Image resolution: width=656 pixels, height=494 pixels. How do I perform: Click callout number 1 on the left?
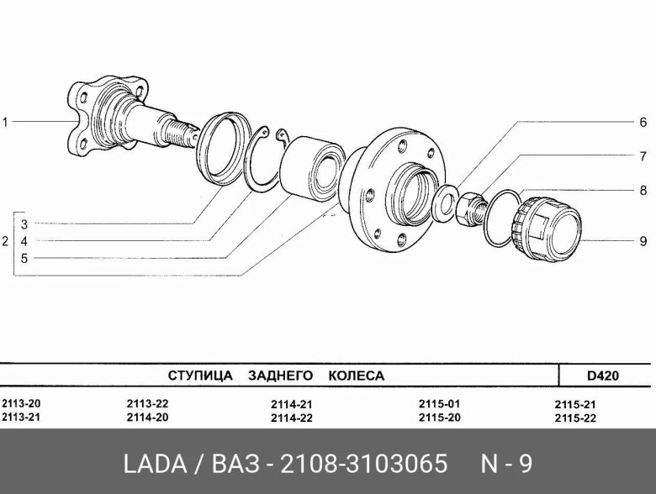pyautogui.click(x=5, y=123)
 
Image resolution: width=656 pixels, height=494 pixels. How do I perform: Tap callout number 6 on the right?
pyautogui.click(x=643, y=123)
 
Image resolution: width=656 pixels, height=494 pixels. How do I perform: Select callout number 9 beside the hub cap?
pyautogui.click(x=643, y=241)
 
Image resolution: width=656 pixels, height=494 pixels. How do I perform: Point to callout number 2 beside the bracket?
pyautogui.click(x=5, y=241)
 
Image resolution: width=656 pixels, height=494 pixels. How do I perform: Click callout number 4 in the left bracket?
pyautogui.click(x=24, y=241)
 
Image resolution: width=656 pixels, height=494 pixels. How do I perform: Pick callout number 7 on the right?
pyautogui.click(x=643, y=156)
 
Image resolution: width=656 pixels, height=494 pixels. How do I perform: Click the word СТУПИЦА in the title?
pyautogui.click(x=200, y=376)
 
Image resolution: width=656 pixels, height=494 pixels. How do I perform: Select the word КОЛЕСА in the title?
pyautogui.click(x=356, y=376)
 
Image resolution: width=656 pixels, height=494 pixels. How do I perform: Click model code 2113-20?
pyautogui.click(x=21, y=403)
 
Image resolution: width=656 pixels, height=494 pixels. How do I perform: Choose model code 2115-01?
pyautogui.click(x=438, y=403)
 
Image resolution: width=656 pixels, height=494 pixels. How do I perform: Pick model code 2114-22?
pyautogui.click(x=292, y=418)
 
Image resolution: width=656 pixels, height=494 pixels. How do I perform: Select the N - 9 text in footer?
pyautogui.click(x=505, y=464)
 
